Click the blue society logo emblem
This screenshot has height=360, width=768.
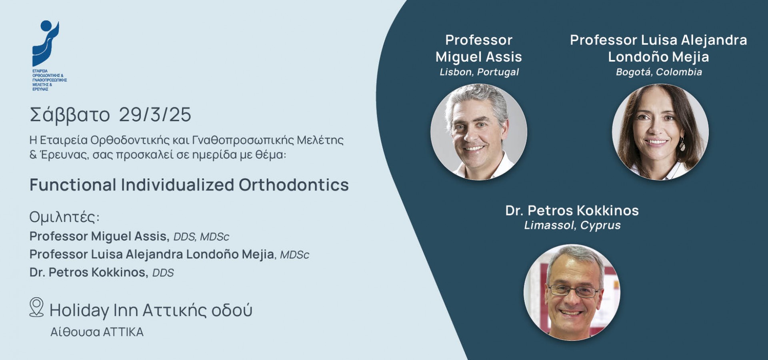46,43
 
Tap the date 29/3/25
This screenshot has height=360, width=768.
155,115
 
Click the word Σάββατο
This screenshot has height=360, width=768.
70,115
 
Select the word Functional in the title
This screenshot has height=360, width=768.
73,185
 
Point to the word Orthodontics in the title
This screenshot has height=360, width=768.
294,185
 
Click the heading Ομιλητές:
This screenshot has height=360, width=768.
64,217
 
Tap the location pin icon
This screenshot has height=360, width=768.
36,307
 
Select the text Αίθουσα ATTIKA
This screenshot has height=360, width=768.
97,332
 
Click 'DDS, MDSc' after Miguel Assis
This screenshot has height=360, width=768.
201,237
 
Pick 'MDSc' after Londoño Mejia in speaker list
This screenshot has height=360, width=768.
294,255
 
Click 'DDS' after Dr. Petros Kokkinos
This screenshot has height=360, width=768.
163,273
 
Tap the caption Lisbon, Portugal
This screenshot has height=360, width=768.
479,72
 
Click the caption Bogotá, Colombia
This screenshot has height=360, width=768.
659,72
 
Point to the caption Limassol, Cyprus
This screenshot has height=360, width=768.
572,225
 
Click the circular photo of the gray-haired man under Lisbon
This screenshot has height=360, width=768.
479,132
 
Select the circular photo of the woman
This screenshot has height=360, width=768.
660,132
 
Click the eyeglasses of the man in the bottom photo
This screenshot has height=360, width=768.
574,290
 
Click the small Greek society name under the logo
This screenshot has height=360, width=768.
49,80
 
